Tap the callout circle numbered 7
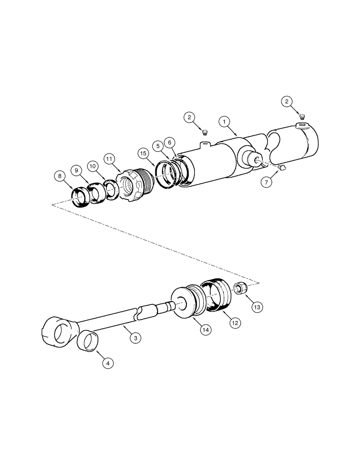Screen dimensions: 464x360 266,183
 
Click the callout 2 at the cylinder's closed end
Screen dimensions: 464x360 288,102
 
